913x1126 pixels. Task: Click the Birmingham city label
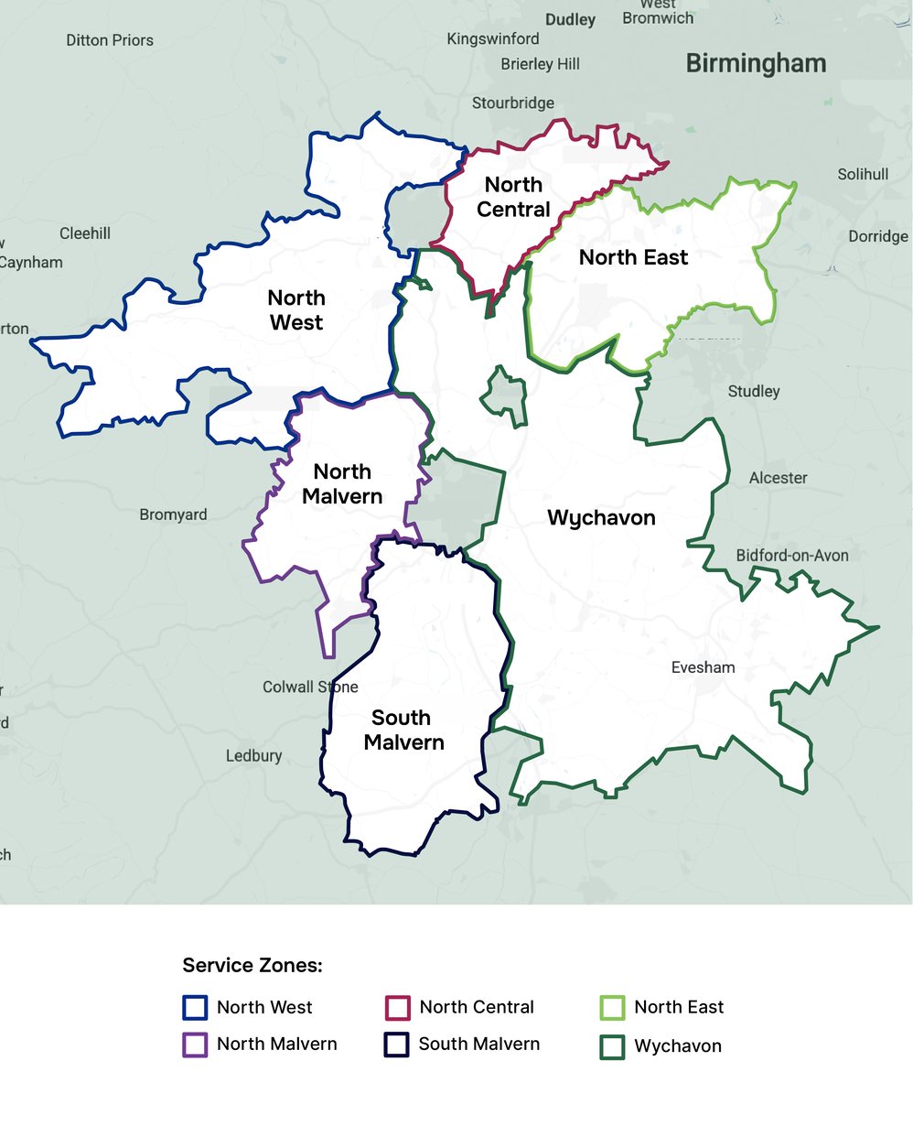[x=756, y=64]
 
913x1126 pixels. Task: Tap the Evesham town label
[x=703, y=667]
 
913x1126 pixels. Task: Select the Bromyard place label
[x=173, y=514]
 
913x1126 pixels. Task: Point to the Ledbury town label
[x=253, y=755]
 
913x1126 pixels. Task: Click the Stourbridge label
[x=512, y=103]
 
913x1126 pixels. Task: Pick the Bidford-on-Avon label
[x=792, y=556]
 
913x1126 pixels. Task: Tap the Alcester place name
[x=778, y=478]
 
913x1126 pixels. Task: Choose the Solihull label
[x=863, y=174]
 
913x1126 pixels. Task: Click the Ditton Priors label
[x=110, y=40]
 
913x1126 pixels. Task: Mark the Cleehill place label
[x=85, y=233]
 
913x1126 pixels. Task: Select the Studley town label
[x=754, y=391]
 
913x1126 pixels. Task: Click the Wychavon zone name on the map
[x=601, y=518]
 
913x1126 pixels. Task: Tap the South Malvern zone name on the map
[x=403, y=730]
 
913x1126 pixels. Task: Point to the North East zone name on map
[x=633, y=257]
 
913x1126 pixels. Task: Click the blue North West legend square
[x=195, y=1007]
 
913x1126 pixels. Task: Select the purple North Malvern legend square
[x=195, y=1045]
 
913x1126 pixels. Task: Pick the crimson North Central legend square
[x=397, y=1007]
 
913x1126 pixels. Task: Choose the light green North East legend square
[x=611, y=1007]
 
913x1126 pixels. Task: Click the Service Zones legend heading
[x=252, y=965]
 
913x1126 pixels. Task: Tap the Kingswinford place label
[x=493, y=38]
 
